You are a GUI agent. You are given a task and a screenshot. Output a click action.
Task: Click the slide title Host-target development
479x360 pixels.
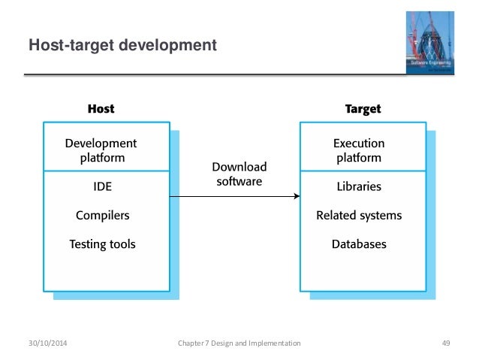(x=122, y=47)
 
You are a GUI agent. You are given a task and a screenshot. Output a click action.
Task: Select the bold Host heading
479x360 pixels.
(x=101, y=109)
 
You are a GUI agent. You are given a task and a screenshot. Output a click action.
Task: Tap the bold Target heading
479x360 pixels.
(x=363, y=109)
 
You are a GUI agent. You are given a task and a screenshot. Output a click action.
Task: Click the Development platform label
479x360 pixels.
(x=101, y=150)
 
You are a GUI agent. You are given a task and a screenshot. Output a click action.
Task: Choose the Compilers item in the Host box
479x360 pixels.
(x=102, y=216)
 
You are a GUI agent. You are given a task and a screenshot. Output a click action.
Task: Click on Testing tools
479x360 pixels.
(x=102, y=244)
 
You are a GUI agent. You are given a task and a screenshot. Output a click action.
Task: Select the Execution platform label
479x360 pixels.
(x=359, y=150)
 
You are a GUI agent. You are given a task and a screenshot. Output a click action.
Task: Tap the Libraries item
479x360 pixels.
(x=359, y=186)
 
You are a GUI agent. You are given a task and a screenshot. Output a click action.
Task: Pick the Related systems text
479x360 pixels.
(x=359, y=216)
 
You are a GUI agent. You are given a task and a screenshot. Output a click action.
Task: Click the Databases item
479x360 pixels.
(x=359, y=244)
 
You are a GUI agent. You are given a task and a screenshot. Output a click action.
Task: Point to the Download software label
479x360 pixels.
(x=239, y=173)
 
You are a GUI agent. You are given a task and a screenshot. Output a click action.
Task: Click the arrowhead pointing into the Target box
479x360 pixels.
(x=297, y=198)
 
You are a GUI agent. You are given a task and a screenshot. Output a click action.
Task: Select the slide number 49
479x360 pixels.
(x=445, y=343)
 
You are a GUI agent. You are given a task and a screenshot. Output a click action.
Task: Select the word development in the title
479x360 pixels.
(x=170, y=47)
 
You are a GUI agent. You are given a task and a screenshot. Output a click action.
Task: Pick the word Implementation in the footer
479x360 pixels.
(x=274, y=343)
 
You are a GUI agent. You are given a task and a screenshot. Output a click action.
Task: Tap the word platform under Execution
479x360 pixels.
(x=359, y=159)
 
